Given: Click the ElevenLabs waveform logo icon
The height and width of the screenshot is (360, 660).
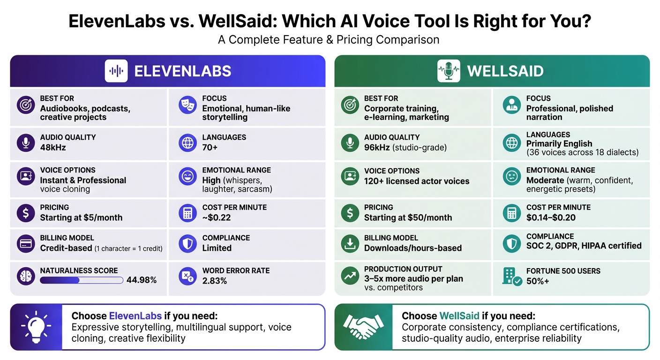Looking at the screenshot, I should pyautogui.click(x=116, y=71).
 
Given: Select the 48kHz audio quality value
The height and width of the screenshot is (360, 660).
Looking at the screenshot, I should pyautogui.click(x=53, y=148).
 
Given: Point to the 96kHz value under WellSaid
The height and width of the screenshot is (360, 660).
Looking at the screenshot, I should pyautogui.click(x=377, y=148).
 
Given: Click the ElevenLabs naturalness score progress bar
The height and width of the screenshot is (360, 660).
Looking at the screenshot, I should pyautogui.click(x=82, y=280).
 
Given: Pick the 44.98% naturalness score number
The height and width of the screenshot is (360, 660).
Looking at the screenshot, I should pyautogui.click(x=142, y=280).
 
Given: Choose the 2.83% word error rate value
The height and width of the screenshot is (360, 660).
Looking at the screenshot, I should pyautogui.click(x=215, y=281).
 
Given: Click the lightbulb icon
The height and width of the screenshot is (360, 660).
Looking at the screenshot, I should pyautogui.click(x=36, y=327).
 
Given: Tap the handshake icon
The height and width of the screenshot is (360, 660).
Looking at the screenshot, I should pyautogui.click(x=360, y=327).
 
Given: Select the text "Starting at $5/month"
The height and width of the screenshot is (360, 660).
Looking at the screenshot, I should pyautogui.click(x=81, y=217).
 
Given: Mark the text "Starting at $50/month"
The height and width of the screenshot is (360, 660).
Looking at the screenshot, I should pyautogui.click(x=408, y=217).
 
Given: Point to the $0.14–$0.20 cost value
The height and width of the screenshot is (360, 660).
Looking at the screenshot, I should pyautogui.click(x=551, y=217).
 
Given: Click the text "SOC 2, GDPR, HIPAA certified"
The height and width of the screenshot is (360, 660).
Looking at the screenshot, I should pyautogui.click(x=584, y=246).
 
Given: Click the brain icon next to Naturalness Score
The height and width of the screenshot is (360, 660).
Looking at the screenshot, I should pyautogui.click(x=26, y=276).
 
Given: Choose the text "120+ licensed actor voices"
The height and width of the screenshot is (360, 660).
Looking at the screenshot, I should pyautogui.click(x=416, y=181).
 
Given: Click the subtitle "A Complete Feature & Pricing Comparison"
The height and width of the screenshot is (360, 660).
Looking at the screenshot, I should pyautogui.click(x=329, y=40).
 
